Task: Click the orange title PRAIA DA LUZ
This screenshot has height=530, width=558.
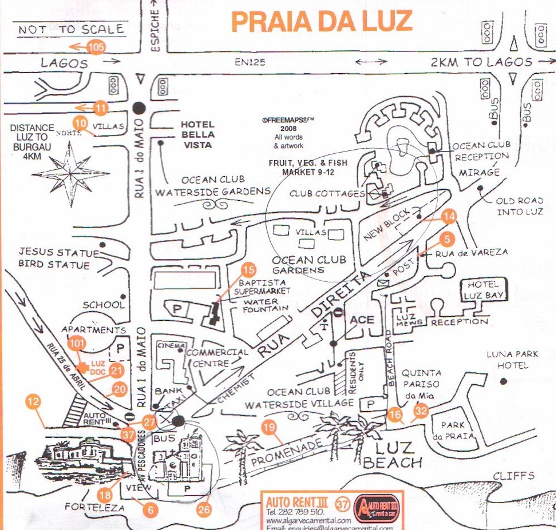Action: pos(322,22)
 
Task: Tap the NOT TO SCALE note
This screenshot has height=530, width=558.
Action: pos(71,29)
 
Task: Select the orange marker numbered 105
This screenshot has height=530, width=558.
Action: pos(96,47)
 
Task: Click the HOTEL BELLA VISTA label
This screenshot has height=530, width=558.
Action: pos(197,134)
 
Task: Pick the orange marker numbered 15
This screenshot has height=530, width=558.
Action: pos(248,269)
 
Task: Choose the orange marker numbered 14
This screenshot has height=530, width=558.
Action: pos(450,216)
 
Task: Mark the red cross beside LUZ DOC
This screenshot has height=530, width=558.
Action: pos(82,366)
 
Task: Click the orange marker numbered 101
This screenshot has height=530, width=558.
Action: pos(76,344)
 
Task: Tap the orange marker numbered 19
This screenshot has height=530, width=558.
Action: pos(268,425)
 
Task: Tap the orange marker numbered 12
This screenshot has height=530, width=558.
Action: pos(34,402)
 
